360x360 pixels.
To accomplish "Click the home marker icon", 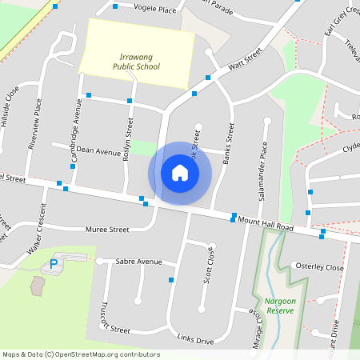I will point(180,173).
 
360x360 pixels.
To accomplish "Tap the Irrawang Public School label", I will point(139,62).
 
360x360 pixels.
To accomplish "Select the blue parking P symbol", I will point(54,263).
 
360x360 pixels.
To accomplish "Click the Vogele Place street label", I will point(155,9).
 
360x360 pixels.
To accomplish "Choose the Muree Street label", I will point(107,230).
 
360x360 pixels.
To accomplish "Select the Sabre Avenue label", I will point(138,262).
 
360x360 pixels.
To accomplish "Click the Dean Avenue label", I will point(98,150).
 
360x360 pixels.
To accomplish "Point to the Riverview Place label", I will point(34,125).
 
